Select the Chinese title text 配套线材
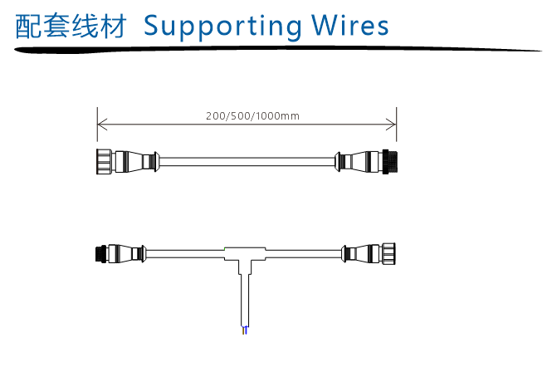[x=71, y=26]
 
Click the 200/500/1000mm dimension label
[x=252, y=115]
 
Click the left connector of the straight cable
[x=125, y=159]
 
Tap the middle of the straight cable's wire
[x=247, y=159]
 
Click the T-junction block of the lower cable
[x=245, y=252]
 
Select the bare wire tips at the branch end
[x=244, y=331]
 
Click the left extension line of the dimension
[x=98, y=133]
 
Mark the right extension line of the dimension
[x=396, y=133]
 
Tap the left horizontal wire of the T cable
[x=187, y=252]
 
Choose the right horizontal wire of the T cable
[x=303, y=252]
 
